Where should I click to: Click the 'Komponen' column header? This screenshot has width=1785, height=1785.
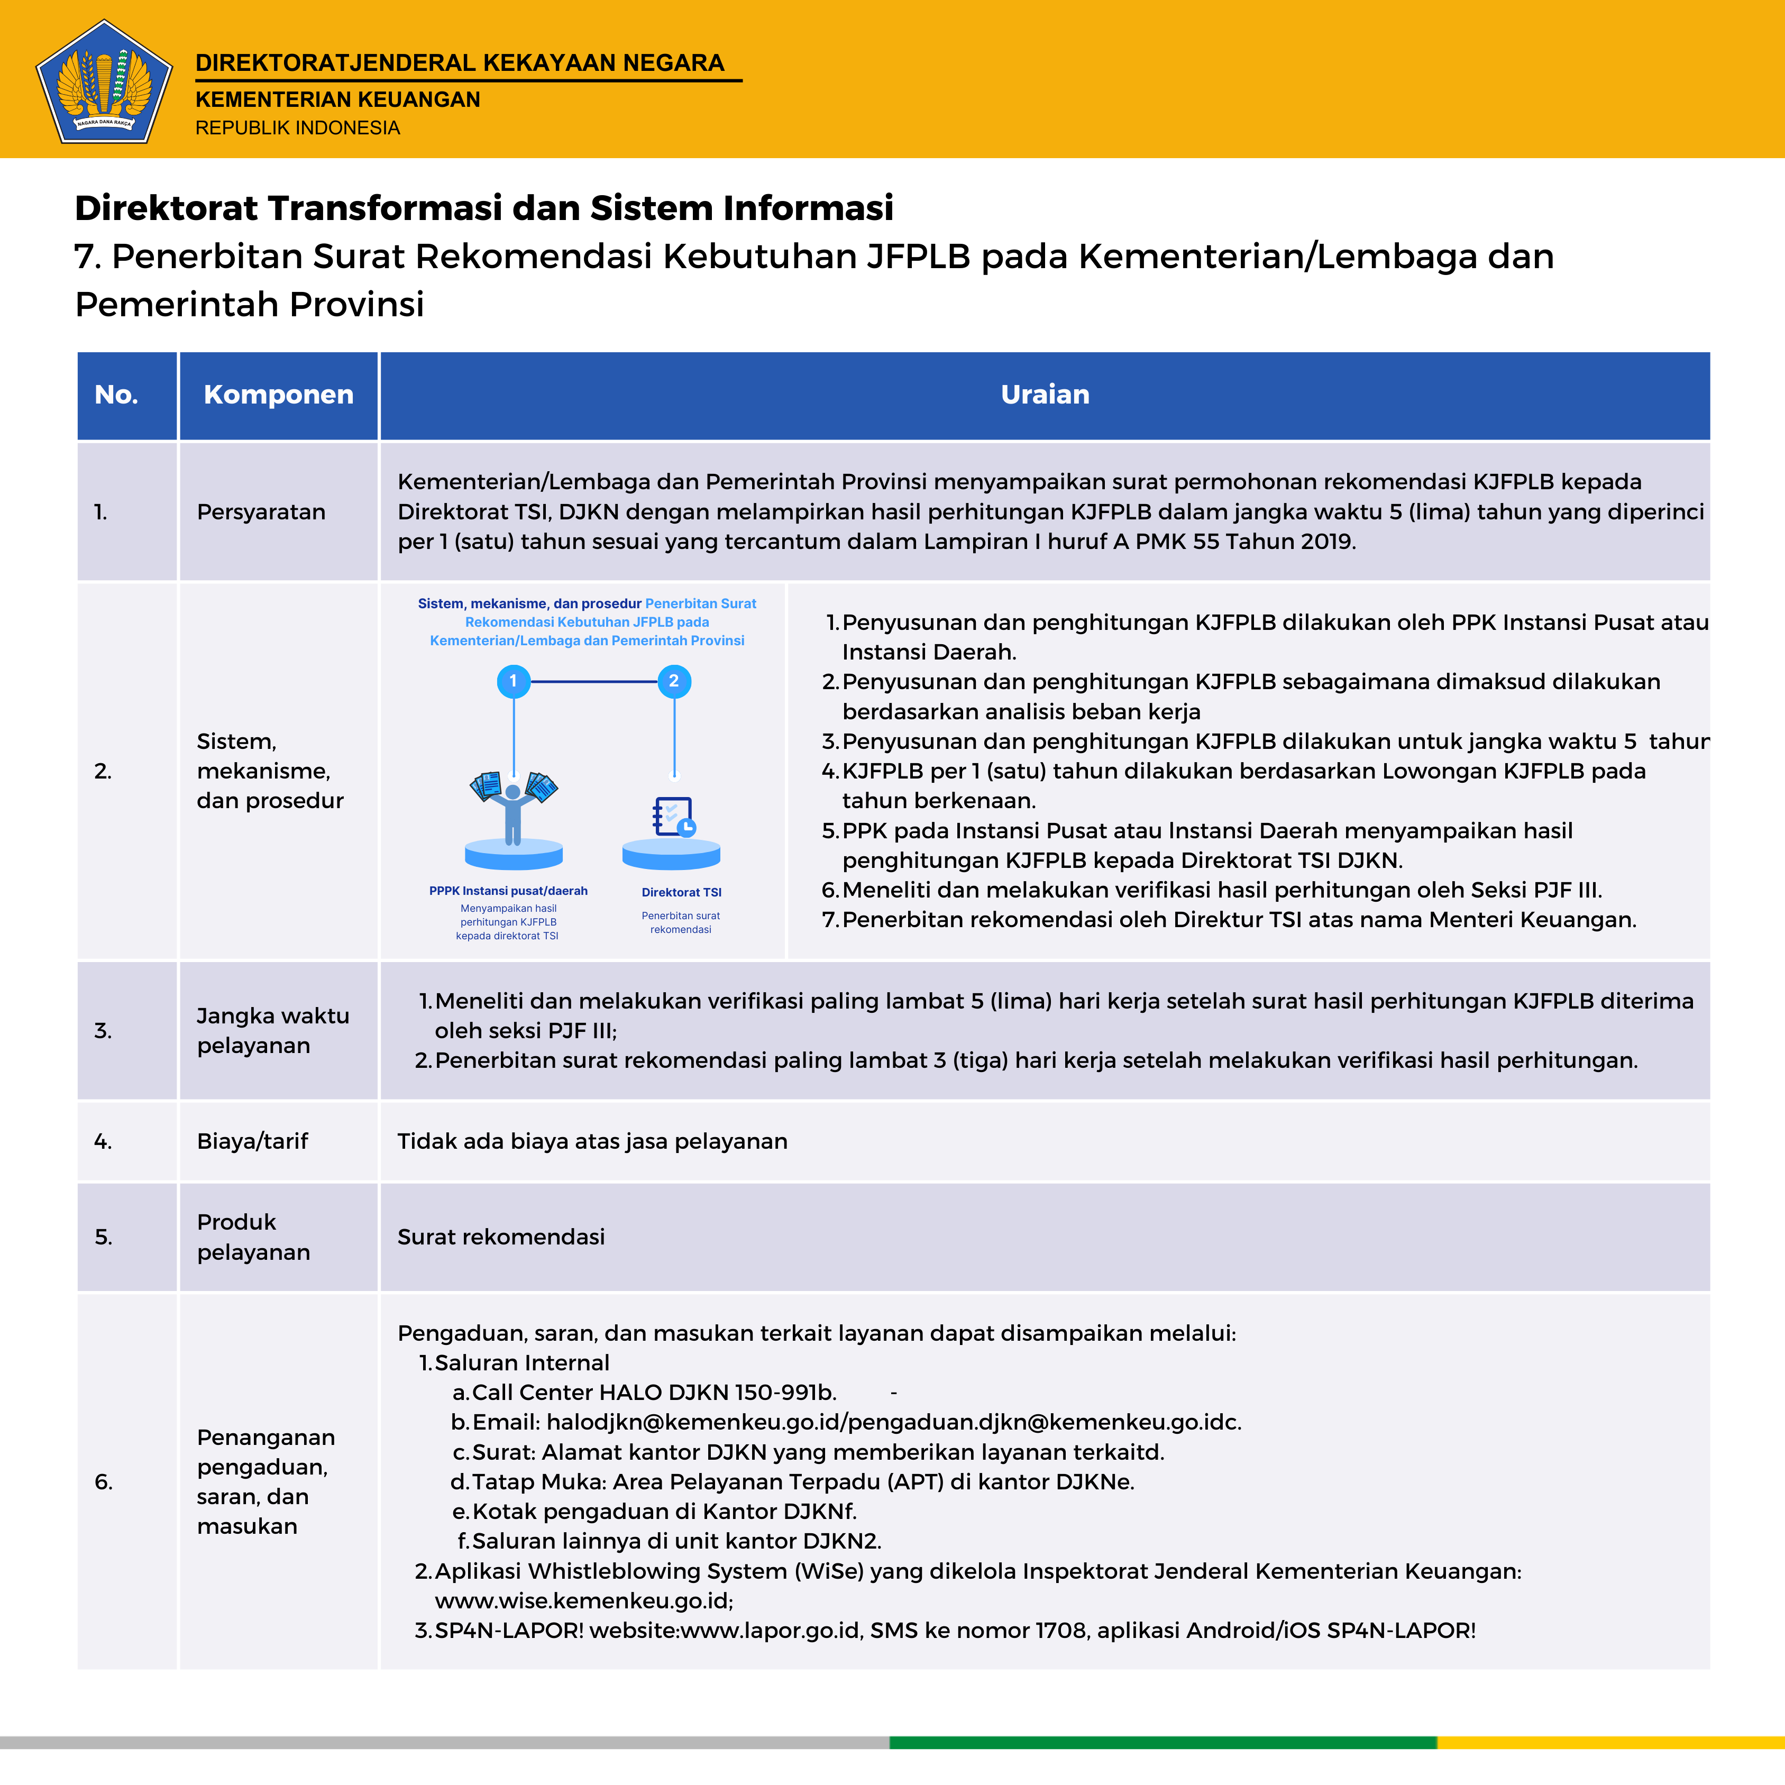click(278, 395)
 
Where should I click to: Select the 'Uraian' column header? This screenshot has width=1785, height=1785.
click(1045, 395)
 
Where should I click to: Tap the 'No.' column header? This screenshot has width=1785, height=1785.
click(116, 395)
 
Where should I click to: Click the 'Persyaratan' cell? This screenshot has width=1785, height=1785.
click(261, 512)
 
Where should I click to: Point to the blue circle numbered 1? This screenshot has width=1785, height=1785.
click(514, 681)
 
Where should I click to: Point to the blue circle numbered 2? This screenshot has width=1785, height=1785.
click(673, 681)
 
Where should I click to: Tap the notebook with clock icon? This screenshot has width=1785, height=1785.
click(673, 817)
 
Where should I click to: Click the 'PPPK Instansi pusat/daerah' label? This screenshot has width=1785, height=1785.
click(508, 891)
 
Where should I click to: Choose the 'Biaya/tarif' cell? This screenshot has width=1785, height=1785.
click(252, 1141)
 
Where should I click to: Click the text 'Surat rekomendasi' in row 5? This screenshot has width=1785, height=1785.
click(501, 1237)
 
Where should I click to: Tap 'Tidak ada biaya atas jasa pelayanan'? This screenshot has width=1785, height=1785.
click(592, 1141)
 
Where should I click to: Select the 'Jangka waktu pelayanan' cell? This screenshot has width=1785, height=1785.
click(272, 1030)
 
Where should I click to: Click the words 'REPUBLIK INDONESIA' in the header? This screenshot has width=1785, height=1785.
click(297, 127)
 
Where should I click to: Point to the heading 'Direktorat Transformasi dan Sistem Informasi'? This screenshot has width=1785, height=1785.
click(484, 208)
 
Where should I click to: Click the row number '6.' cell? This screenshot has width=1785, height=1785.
click(104, 1482)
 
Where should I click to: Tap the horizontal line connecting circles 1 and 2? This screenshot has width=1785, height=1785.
click(593, 681)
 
